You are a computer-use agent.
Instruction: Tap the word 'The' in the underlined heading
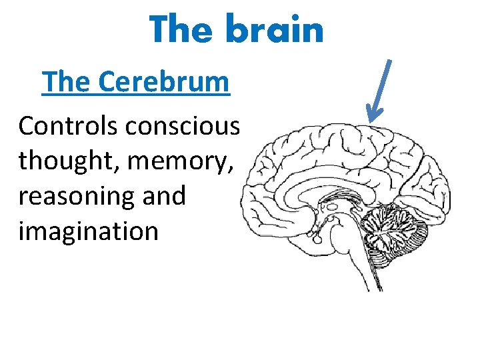(65, 83)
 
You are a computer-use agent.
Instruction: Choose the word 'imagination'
(88, 231)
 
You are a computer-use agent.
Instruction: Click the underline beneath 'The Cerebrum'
(135, 96)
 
